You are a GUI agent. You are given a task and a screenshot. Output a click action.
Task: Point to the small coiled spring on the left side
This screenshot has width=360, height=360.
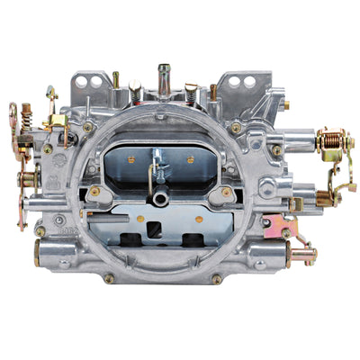tap(27, 115)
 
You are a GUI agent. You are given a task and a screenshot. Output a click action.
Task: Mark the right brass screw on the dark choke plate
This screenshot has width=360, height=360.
tap(190, 159)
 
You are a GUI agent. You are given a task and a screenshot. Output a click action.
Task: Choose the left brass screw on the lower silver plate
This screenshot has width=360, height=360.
tap(94, 191)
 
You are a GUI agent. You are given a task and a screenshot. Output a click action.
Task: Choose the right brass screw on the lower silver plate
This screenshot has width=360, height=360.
tap(226, 191)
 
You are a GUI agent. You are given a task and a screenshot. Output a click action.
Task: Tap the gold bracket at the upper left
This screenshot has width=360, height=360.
tap(56, 121)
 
